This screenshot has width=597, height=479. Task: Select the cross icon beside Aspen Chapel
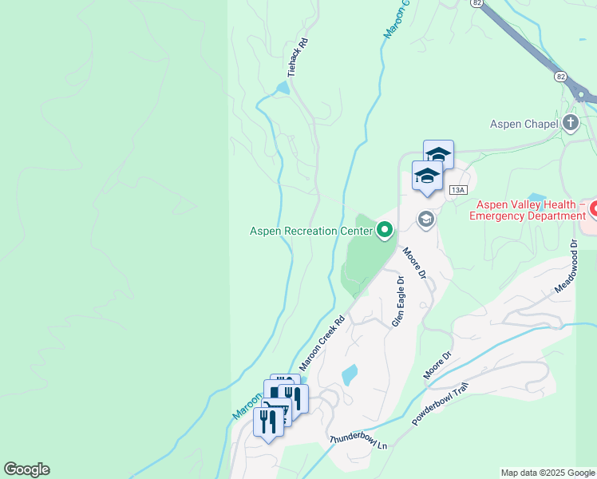click(x=570, y=123)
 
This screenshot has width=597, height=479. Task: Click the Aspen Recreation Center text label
click(x=311, y=232)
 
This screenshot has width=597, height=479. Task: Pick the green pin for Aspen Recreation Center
click(x=385, y=231)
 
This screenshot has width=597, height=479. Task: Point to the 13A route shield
click(x=457, y=190)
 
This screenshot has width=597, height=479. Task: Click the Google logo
click(x=26, y=469)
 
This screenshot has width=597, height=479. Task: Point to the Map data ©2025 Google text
click(x=548, y=473)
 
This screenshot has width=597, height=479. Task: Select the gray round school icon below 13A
click(x=426, y=219)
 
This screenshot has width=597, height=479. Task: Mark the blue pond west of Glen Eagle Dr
click(x=350, y=374)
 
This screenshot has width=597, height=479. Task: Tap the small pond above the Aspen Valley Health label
click(x=536, y=197)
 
